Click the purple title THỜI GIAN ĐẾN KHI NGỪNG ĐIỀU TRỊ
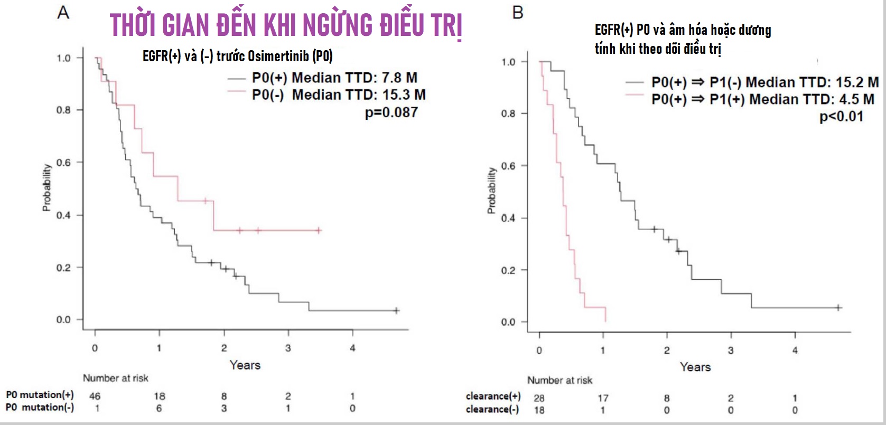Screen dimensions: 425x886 [286, 25]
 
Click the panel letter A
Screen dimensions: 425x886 [63, 12]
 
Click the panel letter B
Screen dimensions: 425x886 [518, 12]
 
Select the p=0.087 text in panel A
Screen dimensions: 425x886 [391, 112]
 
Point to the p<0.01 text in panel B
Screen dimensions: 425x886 [841, 117]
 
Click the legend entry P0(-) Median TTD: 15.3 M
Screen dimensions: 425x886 [338, 95]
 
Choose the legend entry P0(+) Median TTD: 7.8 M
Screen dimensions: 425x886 [334, 78]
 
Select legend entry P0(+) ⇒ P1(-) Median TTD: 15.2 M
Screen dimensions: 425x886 [764, 82]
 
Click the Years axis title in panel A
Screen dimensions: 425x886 [245, 365]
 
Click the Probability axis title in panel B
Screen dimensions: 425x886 [491, 191]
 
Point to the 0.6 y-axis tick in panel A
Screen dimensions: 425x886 [63, 163]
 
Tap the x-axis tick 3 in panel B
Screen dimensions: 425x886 [731, 350]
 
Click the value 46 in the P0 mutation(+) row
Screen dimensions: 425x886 [95, 396]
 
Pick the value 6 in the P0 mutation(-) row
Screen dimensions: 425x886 [159, 408]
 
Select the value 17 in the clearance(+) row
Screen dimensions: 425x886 [603, 398]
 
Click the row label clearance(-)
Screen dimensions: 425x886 [492, 410]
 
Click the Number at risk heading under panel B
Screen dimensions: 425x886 [559, 380]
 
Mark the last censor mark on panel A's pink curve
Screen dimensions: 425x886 [319, 230]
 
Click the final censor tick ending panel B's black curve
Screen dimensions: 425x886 [838, 307]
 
